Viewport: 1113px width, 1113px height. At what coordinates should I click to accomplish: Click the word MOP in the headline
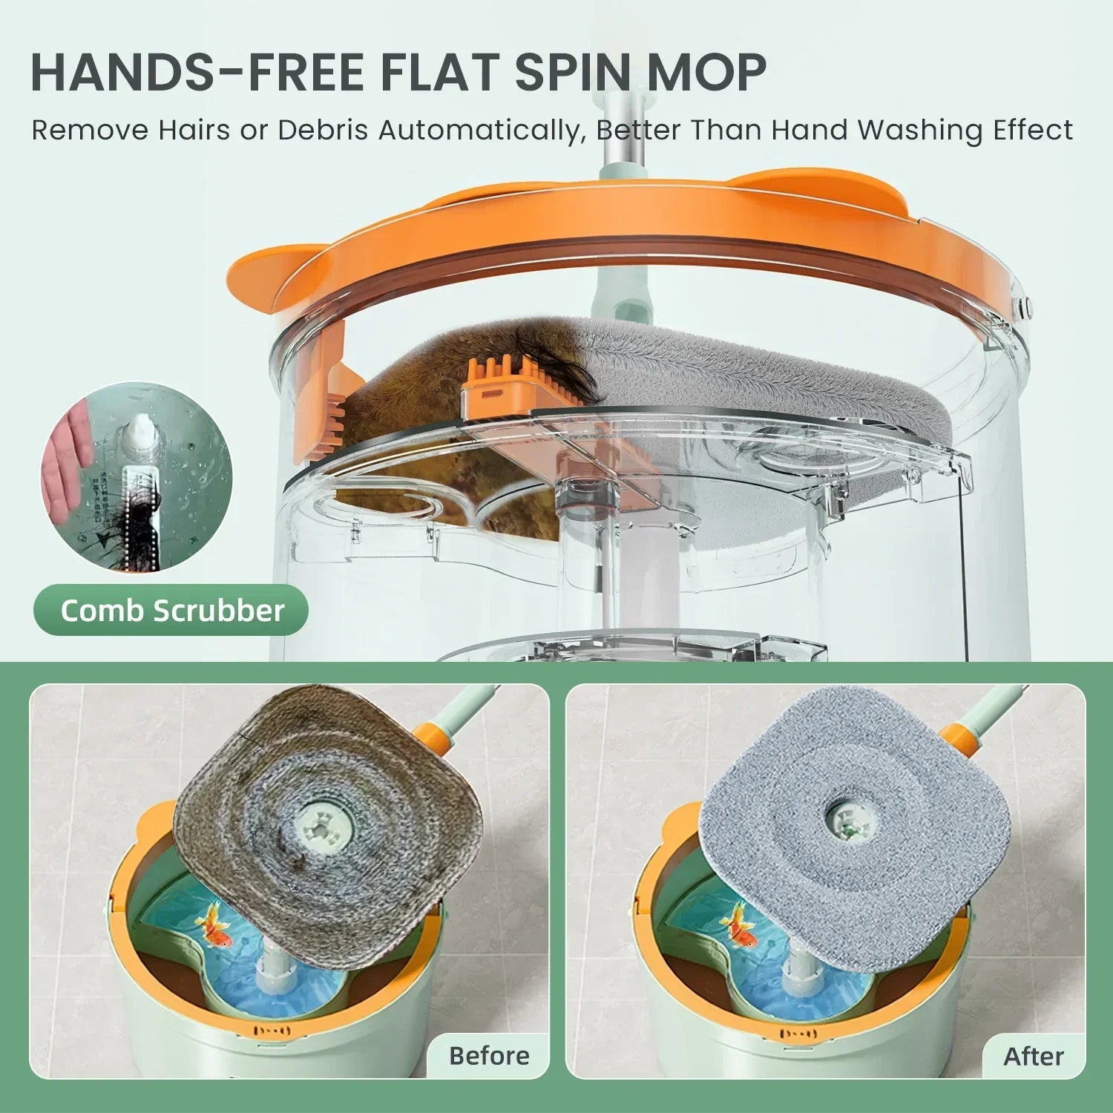(x=707, y=72)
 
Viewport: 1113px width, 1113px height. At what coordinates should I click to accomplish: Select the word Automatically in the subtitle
(x=479, y=130)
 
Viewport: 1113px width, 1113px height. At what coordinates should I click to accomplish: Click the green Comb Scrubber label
(x=171, y=610)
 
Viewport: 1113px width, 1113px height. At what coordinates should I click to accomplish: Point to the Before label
(x=489, y=1055)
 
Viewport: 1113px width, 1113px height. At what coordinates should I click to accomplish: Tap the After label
(x=1034, y=1055)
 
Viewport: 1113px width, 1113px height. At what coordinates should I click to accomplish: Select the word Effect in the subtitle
(x=1036, y=130)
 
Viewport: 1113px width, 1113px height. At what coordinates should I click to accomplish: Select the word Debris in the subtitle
(x=324, y=130)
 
